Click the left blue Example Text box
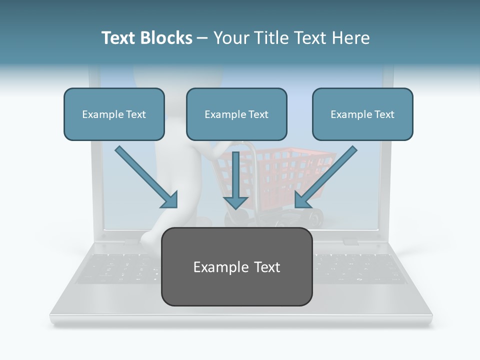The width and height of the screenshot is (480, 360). (114, 114)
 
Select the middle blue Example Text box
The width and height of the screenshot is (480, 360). (236, 114)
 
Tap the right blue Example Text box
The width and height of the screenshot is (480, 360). (362, 114)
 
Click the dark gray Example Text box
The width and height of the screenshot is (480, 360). (236, 266)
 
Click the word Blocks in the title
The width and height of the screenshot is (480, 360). (168, 38)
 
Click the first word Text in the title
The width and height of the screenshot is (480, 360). (120, 38)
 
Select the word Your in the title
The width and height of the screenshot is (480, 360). (231, 38)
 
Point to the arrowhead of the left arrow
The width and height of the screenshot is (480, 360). (170, 200)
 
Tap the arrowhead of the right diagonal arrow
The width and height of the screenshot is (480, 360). (303, 199)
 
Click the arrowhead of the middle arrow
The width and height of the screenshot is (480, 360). (236, 201)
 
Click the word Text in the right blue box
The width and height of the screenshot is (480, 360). (384, 114)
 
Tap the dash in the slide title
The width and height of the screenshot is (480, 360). (202, 38)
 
